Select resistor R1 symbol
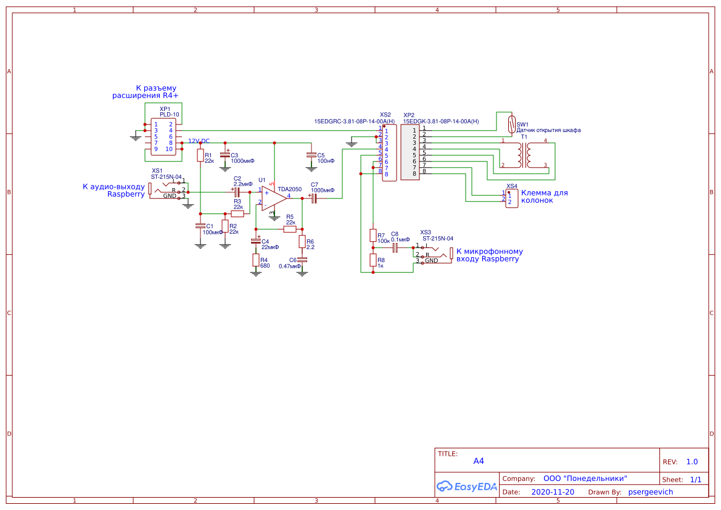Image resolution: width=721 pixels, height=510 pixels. pyautogui.click(x=200, y=155)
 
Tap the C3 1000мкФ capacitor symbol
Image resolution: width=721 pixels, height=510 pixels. pyautogui.click(x=225, y=155)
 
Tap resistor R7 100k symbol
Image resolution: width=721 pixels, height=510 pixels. pyautogui.click(x=373, y=235)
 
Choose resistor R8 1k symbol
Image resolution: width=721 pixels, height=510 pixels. pyautogui.click(x=373, y=260)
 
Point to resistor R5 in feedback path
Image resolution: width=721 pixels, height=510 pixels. pyautogui.click(x=290, y=229)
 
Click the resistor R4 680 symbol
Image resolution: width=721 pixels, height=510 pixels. pyautogui.click(x=255, y=260)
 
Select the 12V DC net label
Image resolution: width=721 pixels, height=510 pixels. pyautogui.click(x=199, y=141)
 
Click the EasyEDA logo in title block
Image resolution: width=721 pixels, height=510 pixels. pyautogui.click(x=467, y=486)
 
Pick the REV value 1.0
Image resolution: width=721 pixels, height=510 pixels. pyautogui.click(x=691, y=462)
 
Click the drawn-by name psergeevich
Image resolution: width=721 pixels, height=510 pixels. pyautogui.click(x=650, y=492)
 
